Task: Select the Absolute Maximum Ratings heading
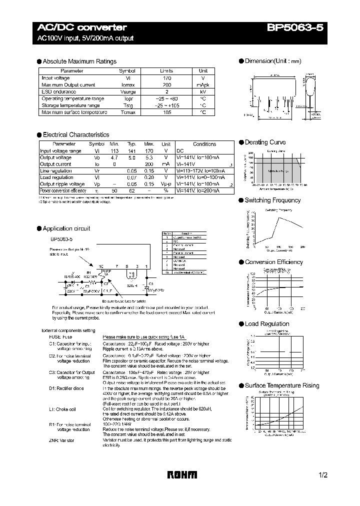[79, 61]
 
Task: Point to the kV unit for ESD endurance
[203, 92]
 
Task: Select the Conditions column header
[204, 144]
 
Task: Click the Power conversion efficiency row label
[63, 191]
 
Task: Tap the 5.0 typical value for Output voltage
[132, 157]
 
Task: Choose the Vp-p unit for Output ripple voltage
[166, 184]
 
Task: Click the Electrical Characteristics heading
[75, 135]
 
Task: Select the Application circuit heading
[66, 228]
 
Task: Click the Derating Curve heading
[265, 142]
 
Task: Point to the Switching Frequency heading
[272, 200]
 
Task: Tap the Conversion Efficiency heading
[273, 262]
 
